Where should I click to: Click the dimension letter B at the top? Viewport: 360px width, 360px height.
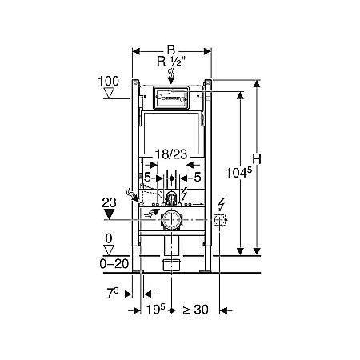(x=171, y=46)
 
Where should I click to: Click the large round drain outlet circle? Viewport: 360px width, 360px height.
(x=170, y=221)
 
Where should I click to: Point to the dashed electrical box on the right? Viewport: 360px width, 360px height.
(x=222, y=220)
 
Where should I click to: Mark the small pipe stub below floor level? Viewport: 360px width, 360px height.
(x=170, y=264)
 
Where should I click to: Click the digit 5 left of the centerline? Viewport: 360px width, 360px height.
(x=147, y=178)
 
